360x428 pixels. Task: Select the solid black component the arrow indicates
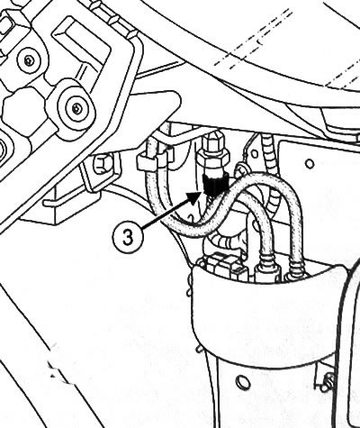215,183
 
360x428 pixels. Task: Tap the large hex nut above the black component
214,158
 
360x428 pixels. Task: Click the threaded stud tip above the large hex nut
212,138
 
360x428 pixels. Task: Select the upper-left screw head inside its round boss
29,61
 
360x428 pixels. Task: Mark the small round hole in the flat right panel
310,164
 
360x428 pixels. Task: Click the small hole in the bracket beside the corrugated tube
254,155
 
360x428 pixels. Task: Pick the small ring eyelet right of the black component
241,168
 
